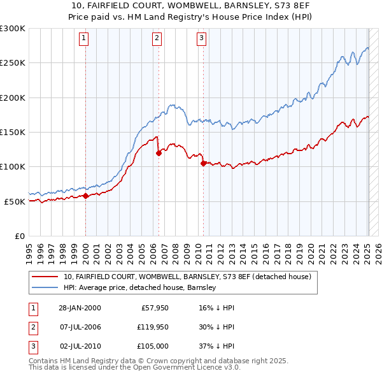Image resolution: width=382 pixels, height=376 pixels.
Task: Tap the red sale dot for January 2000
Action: coord(85,196)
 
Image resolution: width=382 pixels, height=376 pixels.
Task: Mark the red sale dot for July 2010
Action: coord(203,163)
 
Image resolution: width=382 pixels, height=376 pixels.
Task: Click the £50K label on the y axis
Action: coord(15,201)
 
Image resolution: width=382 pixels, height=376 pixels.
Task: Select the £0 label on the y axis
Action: coord(19,236)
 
